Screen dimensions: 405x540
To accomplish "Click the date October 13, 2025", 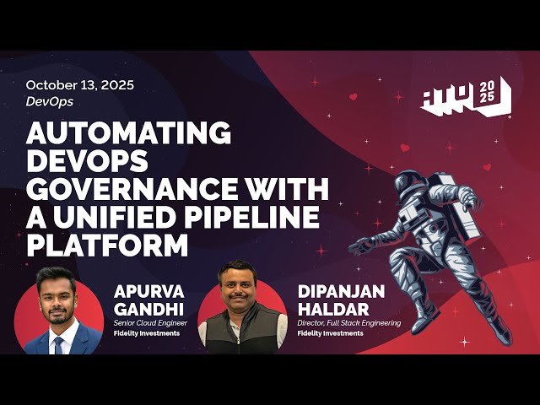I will [x=79, y=85].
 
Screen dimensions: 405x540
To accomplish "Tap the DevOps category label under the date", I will [x=49, y=101].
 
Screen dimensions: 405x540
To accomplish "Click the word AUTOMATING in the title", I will [x=128, y=132].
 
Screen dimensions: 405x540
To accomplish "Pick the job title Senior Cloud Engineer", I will [x=151, y=323].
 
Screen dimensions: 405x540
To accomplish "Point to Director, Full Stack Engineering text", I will [x=348, y=323].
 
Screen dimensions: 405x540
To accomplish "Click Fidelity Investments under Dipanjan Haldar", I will [x=330, y=333].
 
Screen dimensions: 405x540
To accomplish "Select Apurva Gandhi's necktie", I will [x=58, y=341].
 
